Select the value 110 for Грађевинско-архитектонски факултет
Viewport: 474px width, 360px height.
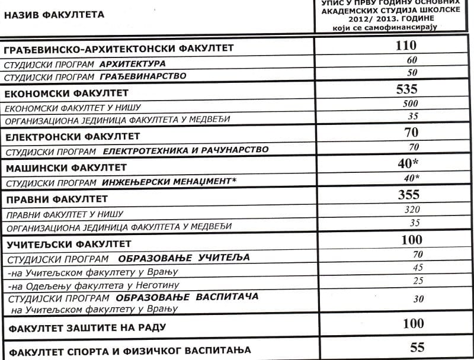pos(406,46)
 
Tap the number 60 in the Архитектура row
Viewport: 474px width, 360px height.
pos(412,60)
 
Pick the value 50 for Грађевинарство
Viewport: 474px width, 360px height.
pos(412,73)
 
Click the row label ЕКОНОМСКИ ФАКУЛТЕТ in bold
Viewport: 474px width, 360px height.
pos(66,94)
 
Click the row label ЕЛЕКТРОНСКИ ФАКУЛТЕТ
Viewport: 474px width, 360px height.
pos(68,137)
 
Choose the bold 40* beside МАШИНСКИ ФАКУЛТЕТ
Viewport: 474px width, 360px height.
pos(409,163)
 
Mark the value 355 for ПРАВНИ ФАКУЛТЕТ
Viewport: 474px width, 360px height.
pos(409,195)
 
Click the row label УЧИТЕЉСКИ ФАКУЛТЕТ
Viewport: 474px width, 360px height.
pos(68,244)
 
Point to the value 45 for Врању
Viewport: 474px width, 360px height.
pos(418,268)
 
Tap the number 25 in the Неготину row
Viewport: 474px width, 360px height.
pos(418,280)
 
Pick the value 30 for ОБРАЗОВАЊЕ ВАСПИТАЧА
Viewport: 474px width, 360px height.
pos(418,299)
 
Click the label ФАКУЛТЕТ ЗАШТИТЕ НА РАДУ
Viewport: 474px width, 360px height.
pos(85,327)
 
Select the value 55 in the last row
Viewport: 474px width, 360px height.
pos(417,348)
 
